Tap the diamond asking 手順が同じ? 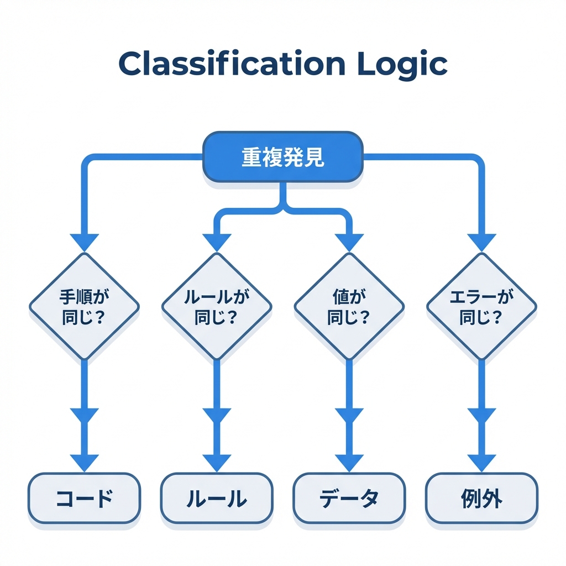pos(84,306)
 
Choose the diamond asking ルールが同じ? pos(216,306)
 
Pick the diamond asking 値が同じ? pos(349,306)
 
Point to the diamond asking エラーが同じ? pos(481,306)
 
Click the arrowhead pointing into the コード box pos(84,462)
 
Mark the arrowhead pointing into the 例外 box pos(481,462)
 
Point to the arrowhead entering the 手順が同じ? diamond pos(84,242)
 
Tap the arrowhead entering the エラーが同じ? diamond pos(481,242)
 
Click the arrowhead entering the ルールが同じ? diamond pos(216,242)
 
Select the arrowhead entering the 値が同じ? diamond pos(349,242)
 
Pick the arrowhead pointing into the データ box pos(349,462)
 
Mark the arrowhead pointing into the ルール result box pos(216,462)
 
